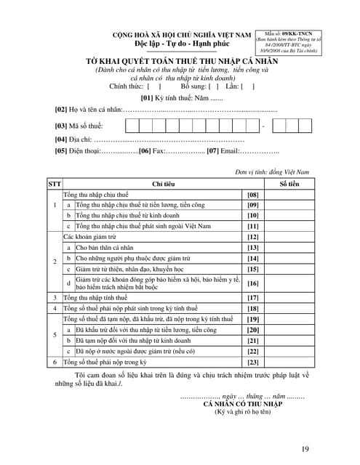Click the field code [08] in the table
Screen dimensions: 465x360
(253, 195)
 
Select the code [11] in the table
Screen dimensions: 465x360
(253, 227)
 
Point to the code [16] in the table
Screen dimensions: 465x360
(253, 283)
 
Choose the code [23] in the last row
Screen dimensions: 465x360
(253, 361)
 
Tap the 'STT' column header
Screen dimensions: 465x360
(55, 184)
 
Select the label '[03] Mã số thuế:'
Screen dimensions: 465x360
(81, 126)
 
